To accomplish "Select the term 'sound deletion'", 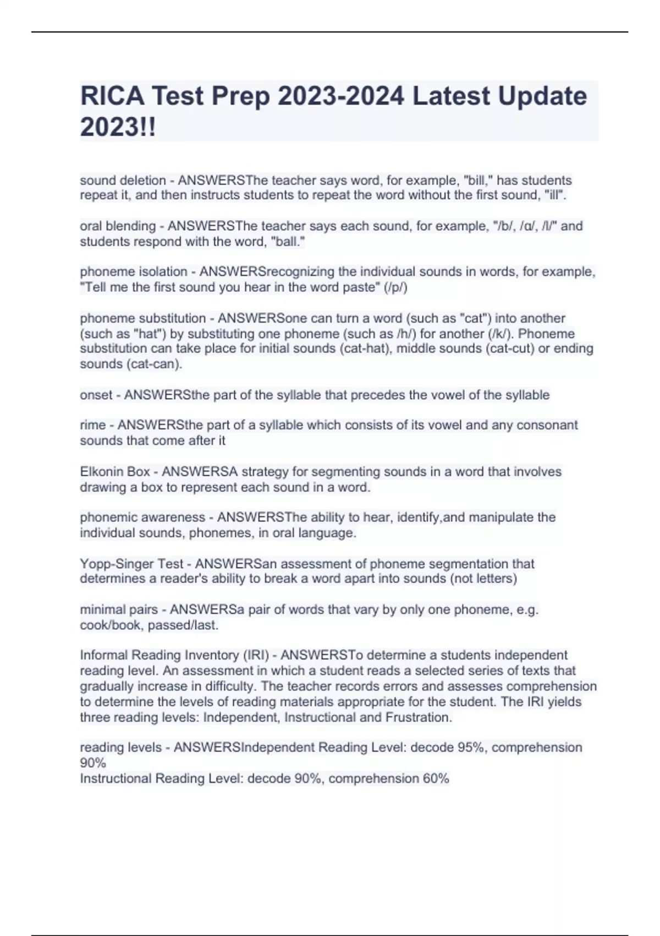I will [x=123, y=181].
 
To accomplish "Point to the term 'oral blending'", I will [x=118, y=226].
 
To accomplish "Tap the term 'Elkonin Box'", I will [x=115, y=472].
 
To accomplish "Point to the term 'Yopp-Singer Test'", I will [x=131, y=564].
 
